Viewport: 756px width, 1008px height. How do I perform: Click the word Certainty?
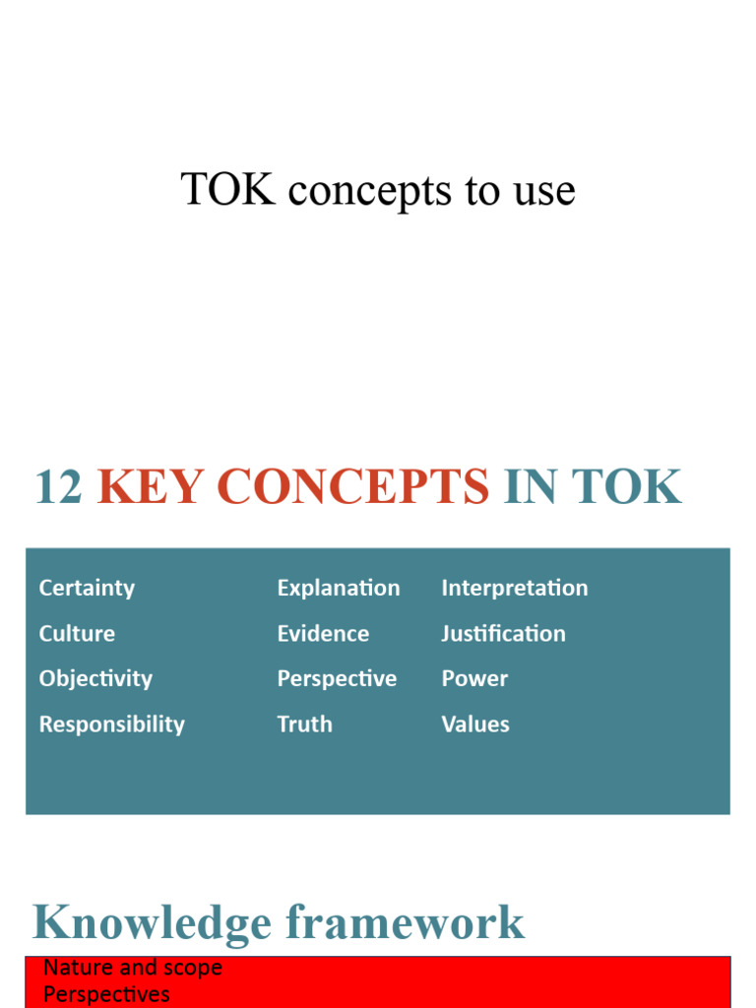pyautogui.click(x=87, y=589)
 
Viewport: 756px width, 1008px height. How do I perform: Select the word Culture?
pyautogui.click(x=77, y=634)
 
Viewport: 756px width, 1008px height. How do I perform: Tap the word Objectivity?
pyautogui.click(x=95, y=679)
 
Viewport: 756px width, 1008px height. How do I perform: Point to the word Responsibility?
pyautogui.click(x=111, y=724)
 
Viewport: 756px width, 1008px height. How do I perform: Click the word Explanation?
pyautogui.click(x=339, y=589)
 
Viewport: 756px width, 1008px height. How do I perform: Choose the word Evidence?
pyautogui.click(x=323, y=634)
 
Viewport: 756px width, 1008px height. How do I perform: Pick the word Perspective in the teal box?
pyautogui.click(x=337, y=679)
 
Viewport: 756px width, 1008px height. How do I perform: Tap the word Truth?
pyautogui.click(x=304, y=724)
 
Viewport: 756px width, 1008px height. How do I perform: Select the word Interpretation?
pyautogui.click(x=514, y=589)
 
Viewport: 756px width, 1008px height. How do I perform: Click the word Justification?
pyautogui.click(x=503, y=634)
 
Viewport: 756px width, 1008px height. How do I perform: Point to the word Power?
pyautogui.click(x=474, y=679)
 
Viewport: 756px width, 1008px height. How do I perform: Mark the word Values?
pyautogui.click(x=475, y=724)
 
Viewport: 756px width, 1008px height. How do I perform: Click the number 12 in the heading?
pyautogui.click(x=58, y=487)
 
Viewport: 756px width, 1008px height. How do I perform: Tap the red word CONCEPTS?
pyautogui.click(x=352, y=487)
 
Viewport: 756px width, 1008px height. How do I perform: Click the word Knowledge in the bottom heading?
pyautogui.click(x=152, y=923)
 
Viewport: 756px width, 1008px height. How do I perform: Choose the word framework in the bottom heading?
pyautogui.click(x=406, y=923)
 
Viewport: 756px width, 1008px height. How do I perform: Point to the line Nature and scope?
pyautogui.click(x=133, y=968)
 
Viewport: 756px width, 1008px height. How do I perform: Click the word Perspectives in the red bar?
pyautogui.click(x=106, y=994)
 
